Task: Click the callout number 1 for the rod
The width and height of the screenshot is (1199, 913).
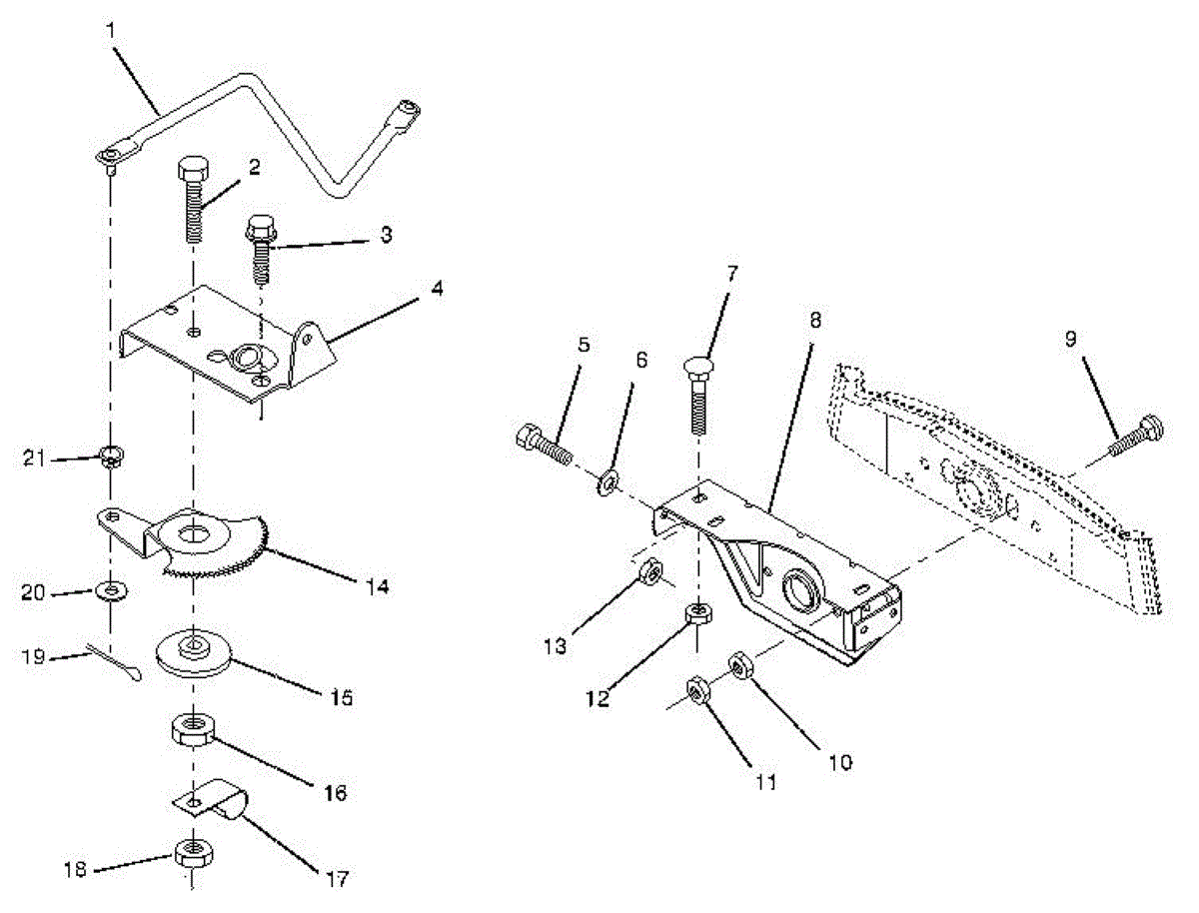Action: [110, 31]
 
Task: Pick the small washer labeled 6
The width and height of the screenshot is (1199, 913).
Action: [606, 485]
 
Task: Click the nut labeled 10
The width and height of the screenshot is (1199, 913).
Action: [741, 662]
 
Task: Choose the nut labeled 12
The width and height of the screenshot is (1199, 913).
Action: [697, 615]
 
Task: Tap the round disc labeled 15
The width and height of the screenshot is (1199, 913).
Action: [193, 653]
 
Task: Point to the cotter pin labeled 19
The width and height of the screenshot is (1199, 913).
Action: [115, 664]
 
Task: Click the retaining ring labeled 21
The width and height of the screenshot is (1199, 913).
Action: [112, 459]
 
